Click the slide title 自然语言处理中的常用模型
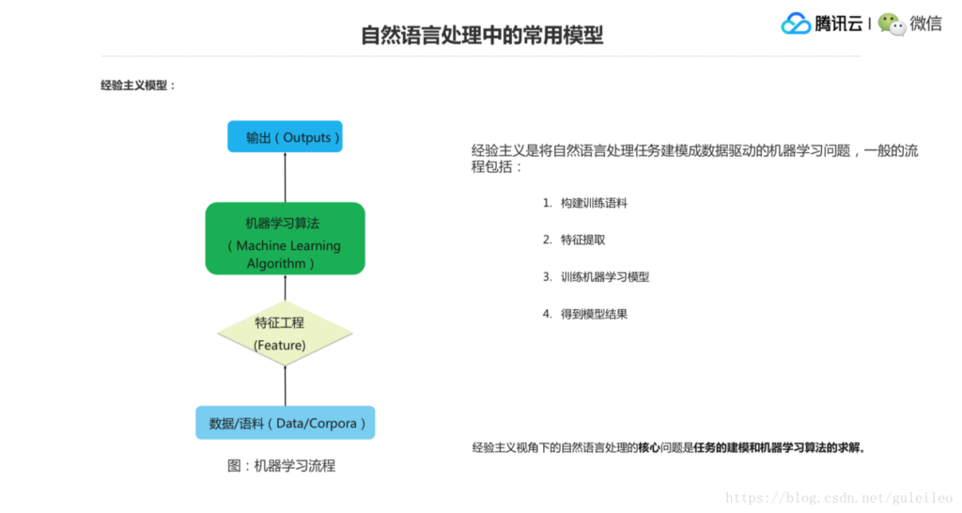[482, 36]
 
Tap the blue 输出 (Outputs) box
[285, 137]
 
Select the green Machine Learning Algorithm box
[285, 239]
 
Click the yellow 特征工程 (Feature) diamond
[285, 334]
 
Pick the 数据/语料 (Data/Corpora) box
[285, 423]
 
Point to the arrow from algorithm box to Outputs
[285, 177]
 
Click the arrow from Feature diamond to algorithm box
[285, 288]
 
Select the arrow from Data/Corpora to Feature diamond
[285, 385]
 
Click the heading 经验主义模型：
[138, 85]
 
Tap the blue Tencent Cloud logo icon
[796, 23]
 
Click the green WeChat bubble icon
[892, 24]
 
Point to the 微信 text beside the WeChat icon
[925, 23]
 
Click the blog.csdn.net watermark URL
[839, 498]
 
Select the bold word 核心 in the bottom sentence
[648, 448]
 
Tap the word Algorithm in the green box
[276, 264]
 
